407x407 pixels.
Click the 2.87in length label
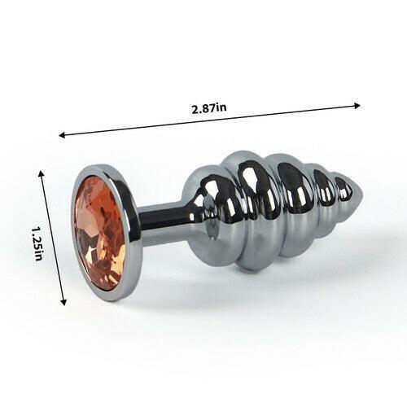point(209,108)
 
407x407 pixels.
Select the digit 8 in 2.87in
point(207,108)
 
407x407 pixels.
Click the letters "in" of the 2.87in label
point(222,107)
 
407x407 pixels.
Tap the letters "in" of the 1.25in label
point(37,254)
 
